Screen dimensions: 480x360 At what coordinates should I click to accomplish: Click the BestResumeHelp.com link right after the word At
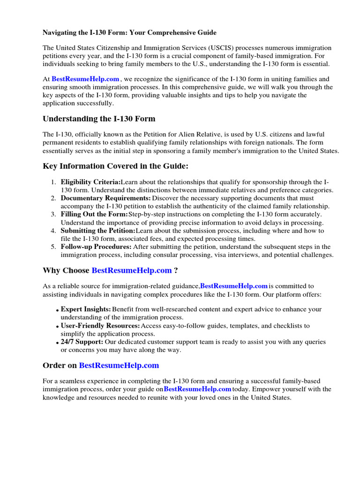(x=85, y=79)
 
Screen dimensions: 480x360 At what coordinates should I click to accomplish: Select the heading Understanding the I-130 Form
(x=99, y=119)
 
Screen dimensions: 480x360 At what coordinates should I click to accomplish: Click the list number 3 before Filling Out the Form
(x=53, y=214)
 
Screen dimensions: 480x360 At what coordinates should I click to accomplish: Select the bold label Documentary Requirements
(x=105, y=198)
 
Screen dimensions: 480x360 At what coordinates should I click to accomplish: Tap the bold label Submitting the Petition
(x=98, y=231)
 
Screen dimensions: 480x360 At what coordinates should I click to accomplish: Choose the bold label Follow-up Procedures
(x=96, y=247)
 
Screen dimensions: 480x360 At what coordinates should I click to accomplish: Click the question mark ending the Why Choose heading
(x=176, y=270)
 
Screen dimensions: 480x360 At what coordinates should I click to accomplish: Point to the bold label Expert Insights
(x=86, y=309)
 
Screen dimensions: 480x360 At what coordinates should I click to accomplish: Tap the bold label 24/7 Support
(x=82, y=342)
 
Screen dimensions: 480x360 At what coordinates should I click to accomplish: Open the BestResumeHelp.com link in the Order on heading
(x=119, y=365)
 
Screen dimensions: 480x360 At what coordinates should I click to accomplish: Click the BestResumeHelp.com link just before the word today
(x=197, y=389)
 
